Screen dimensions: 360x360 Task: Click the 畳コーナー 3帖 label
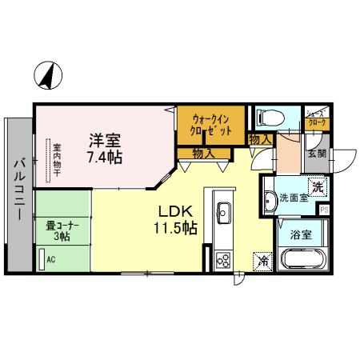click(57, 230)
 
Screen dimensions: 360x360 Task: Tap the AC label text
click(51, 259)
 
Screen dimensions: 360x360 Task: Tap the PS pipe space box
click(324, 210)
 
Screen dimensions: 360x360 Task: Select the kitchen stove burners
click(222, 259)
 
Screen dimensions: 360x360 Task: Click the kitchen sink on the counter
click(223, 212)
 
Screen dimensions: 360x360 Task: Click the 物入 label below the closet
click(203, 152)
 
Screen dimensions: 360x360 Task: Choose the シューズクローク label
click(315, 118)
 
